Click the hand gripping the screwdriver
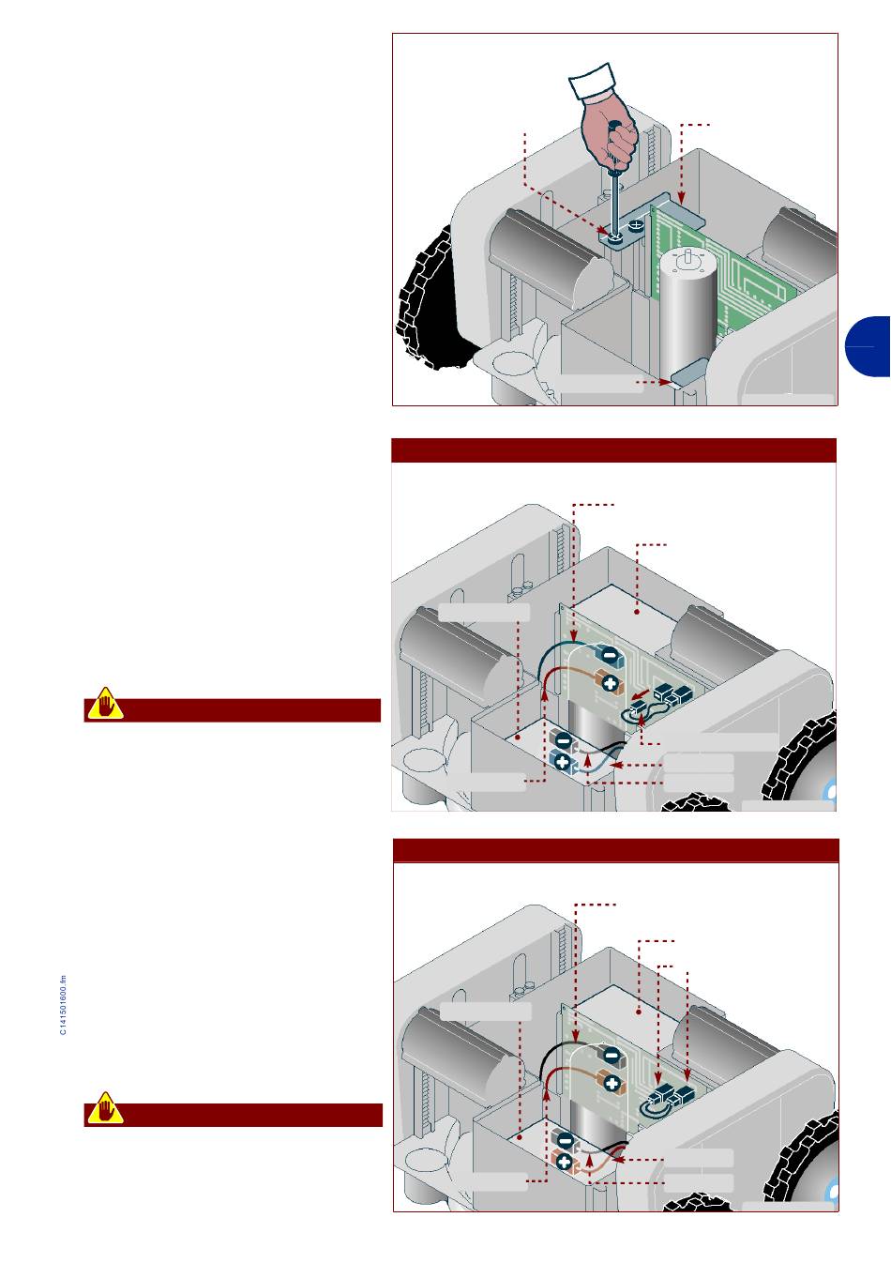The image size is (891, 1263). (610, 129)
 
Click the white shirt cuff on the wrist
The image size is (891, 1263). (592, 82)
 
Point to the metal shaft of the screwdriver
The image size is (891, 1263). (615, 203)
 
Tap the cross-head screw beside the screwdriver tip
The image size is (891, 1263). (635, 227)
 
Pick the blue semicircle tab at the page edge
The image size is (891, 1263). (868, 346)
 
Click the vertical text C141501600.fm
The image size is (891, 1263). (63, 1005)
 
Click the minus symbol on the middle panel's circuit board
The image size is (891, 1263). (610, 655)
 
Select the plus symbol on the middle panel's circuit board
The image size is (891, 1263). (610, 684)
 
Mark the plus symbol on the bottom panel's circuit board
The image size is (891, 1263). (612, 1083)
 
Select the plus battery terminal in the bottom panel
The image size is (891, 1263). (564, 1163)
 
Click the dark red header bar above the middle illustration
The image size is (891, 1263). (613, 450)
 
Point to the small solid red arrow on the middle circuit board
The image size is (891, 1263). (641, 692)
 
